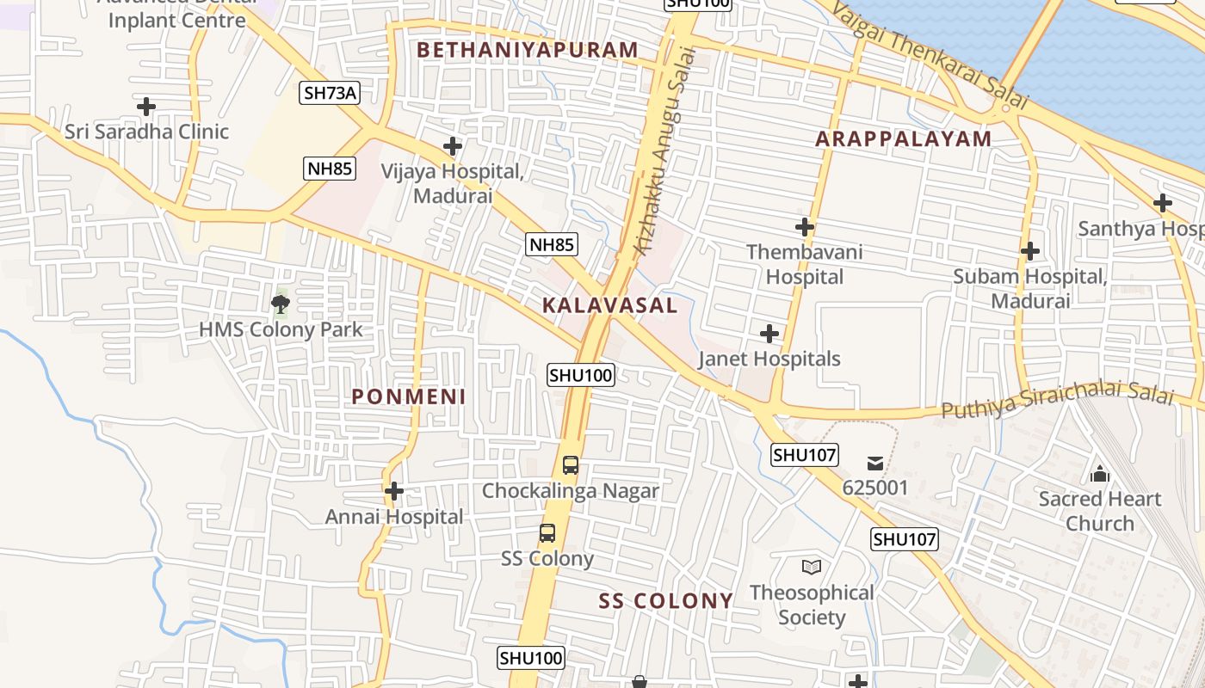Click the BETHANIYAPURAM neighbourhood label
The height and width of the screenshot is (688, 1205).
pyautogui.click(x=528, y=50)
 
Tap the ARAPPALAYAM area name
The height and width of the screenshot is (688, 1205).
pyautogui.click(x=904, y=138)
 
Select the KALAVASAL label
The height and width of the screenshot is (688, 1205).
pyautogui.click(x=610, y=305)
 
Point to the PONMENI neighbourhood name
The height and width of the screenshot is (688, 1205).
pyautogui.click(x=409, y=396)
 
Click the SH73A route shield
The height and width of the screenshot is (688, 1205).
pyautogui.click(x=330, y=93)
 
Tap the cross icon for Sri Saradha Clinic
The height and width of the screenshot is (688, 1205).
pyautogui.click(x=146, y=107)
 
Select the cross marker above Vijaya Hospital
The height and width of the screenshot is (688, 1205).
pyautogui.click(x=453, y=146)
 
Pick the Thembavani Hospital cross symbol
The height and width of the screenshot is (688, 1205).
pyautogui.click(x=805, y=227)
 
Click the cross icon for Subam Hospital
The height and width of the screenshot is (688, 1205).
pyautogui.click(x=1029, y=251)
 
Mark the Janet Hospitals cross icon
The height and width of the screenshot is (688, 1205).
pyautogui.click(x=769, y=334)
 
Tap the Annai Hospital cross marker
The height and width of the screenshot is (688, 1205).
pyautogui.click(x=394, y=491)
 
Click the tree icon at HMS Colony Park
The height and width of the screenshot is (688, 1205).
pyautogui.click(x=280, y=303)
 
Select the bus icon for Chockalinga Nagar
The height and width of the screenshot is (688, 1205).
pyautogui.click(x=570, y=465)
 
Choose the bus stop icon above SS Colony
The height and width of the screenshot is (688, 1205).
pyautogui.click(x=547, y=533)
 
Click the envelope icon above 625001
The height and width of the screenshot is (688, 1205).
pyautogui.click(x=875, y=464)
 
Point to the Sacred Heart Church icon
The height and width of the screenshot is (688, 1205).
pyautogui.click(x=1099, y=474)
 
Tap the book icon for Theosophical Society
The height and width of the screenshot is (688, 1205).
pyautogui.click(x=811, y=567)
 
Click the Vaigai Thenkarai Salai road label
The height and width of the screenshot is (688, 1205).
pyautogui.click(x=930, y=54)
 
